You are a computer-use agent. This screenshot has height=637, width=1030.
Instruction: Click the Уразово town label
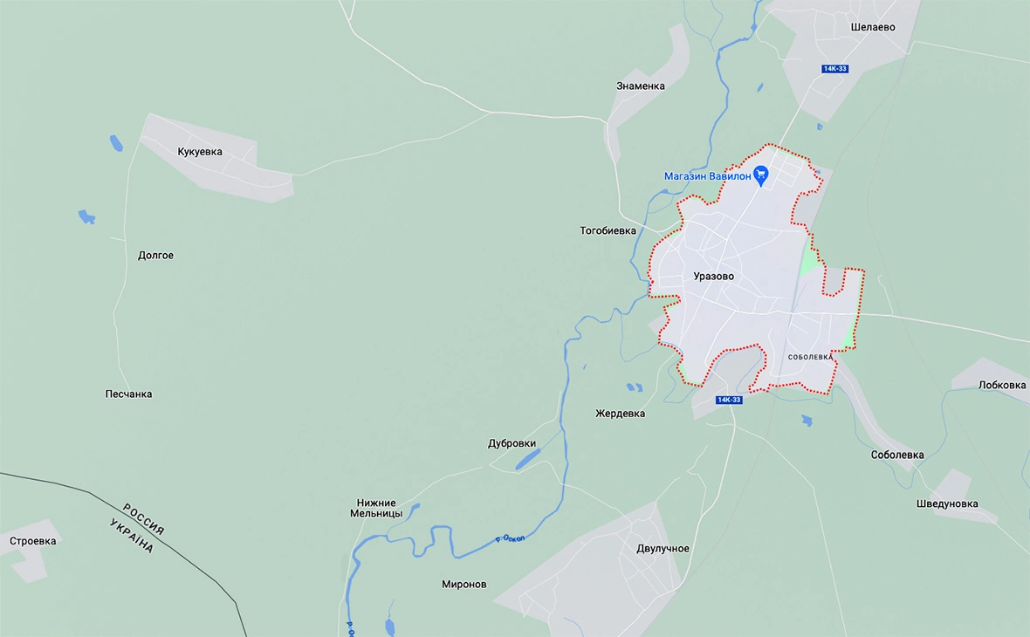(x=713, y=277)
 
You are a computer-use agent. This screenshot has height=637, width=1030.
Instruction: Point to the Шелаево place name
(x=873, y=27)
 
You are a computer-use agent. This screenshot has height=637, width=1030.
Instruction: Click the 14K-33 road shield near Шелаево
(x=834, y=69)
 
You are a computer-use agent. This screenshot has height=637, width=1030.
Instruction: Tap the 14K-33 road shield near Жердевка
(x=728, y=400)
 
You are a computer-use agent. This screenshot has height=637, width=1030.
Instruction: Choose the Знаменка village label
(x=640, y=86)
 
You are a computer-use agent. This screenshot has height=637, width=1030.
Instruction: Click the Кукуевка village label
(x=199, y=152)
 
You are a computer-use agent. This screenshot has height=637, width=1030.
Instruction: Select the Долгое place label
(x=155, y=256)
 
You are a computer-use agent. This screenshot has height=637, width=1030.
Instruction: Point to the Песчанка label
(x=128, y=394)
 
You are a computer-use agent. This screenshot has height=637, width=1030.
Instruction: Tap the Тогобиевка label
(x=608, y=231)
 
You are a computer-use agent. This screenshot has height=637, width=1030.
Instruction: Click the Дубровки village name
(x=512, y=443)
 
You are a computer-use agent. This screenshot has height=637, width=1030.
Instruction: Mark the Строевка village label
(x=32, y=541)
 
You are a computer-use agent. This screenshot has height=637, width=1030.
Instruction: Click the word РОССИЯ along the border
(x=143, y=519)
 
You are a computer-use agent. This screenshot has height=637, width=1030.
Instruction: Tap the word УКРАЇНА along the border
(x=132, y=536)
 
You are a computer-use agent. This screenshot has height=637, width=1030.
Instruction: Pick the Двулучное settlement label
(x=663, y=549)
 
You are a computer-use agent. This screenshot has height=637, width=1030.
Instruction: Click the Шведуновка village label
(x=947, y=504)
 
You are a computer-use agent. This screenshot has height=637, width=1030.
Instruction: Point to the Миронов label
(x=464, y=585)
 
